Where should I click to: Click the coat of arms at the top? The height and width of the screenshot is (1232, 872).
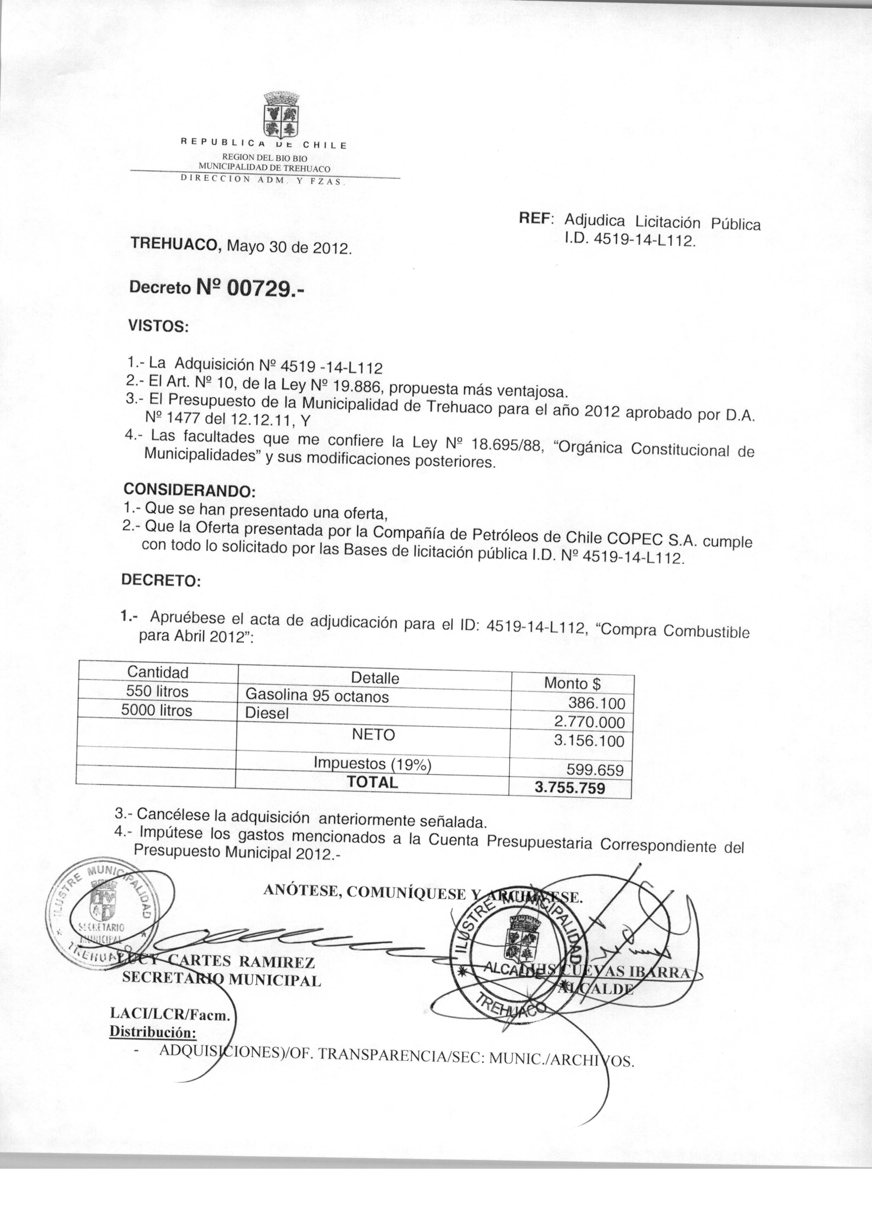pyautogui.click(x=281, y=114)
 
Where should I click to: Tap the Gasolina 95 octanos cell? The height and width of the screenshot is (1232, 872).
pyautogui.click(x=317, y=696)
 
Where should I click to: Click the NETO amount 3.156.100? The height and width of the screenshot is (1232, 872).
pyautogui.click(x=589, y=742)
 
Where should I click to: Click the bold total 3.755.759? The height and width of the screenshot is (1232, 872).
pyautogui.click(x=570, y=788)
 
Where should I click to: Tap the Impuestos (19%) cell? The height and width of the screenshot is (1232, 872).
pyautogui.click(x=373, y=763)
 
